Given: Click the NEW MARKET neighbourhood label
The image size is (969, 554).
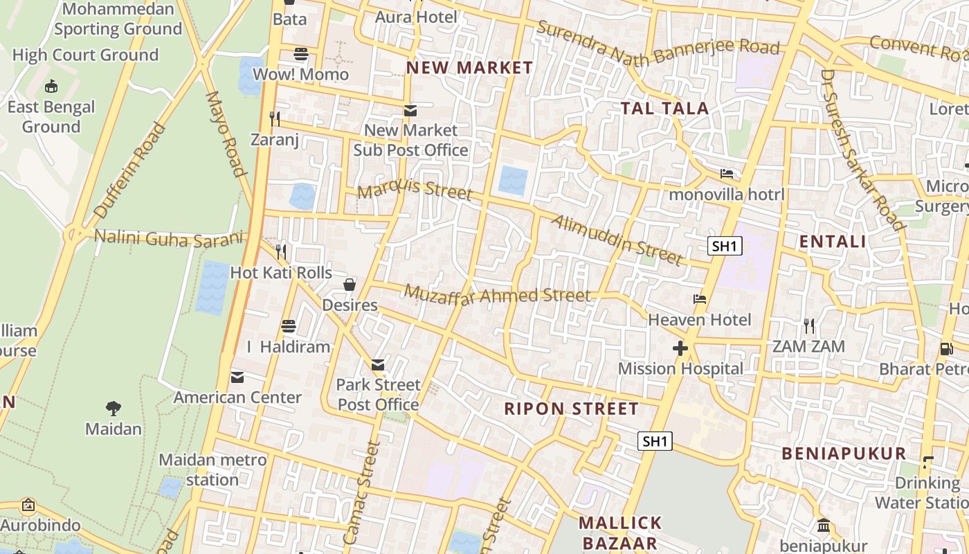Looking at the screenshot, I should pos(469,68).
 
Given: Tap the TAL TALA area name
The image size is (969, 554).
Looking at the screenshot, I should pos(664,108).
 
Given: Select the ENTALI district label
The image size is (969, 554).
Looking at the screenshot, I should pos(833,242).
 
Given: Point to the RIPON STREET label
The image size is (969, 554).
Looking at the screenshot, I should pos(571,409).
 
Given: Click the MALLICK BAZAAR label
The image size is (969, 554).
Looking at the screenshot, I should pos(620,532).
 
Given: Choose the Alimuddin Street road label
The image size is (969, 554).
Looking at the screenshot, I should pos(617,240).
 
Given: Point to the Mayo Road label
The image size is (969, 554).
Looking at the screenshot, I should pos(226,134).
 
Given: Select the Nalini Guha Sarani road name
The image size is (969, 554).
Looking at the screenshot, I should pos(169,237).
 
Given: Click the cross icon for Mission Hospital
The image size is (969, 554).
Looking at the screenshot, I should pos(680,348).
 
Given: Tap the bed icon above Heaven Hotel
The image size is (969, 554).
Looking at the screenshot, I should pos(700,300).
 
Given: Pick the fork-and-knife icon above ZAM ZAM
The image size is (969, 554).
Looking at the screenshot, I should pos(808,325).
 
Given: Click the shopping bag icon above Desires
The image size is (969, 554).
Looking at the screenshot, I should pos(350,285).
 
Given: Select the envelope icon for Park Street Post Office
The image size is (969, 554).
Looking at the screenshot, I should pos(378,364).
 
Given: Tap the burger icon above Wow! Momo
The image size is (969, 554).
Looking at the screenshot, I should pos(300,53).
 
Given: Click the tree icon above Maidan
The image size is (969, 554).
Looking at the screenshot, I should pos(114,408).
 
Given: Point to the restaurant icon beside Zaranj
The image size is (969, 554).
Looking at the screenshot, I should pos(275,119).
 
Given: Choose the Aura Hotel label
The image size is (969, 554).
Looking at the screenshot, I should pos(416,17).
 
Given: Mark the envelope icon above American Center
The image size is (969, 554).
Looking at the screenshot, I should pos(237,377).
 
